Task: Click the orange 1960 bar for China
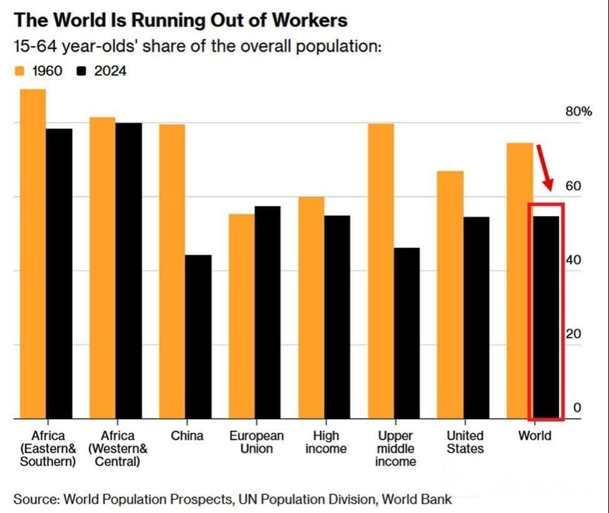pos(173,271)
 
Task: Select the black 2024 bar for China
pos(199,336)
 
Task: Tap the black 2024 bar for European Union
pos(268,312)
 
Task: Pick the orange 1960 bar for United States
pos(451,294)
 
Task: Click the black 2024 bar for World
pos(547,317)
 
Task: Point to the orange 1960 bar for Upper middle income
pos(381,271)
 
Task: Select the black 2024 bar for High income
pos(337,317)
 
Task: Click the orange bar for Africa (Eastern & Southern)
pos(33,254)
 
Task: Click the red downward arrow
pos(545,167)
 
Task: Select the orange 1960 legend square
pos(20,71)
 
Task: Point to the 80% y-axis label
pos(579,112)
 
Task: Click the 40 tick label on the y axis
pos(573,260)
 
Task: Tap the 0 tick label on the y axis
pos(577,408)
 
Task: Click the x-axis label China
pos(187,436)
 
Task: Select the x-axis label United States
pos(465,442)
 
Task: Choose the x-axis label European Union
pos(257,442)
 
